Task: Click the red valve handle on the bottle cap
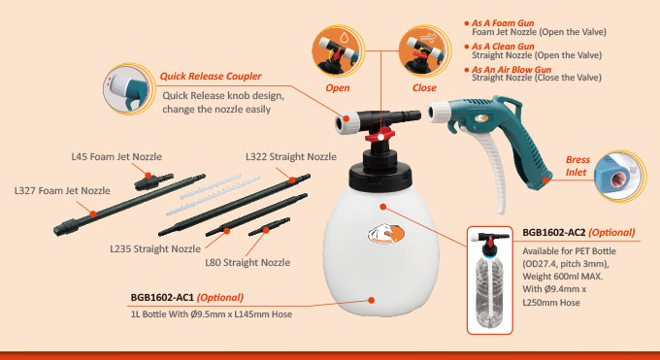point(380,136)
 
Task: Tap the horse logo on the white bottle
point(386,234)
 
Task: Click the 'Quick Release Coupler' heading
point(211,77)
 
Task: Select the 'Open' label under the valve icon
point(338,88)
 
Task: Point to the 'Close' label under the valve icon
point(424,88)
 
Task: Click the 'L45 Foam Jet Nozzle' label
point(116,156)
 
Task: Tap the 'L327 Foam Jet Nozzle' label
point(62,191)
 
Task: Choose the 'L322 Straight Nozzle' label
point(291,156)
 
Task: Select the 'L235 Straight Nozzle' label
point(155,248)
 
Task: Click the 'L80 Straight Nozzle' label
point(247,262)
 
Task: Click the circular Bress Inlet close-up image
point(619,176)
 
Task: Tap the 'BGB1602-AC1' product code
point(162,297)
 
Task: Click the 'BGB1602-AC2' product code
point(554,233)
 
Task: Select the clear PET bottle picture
point(490,280)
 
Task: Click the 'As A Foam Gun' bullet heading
point(503,23)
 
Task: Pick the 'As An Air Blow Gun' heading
point(511,70)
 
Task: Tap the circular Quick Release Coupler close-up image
point(127,89)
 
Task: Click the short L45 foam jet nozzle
point(153,181)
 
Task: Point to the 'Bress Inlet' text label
point(577,166)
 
